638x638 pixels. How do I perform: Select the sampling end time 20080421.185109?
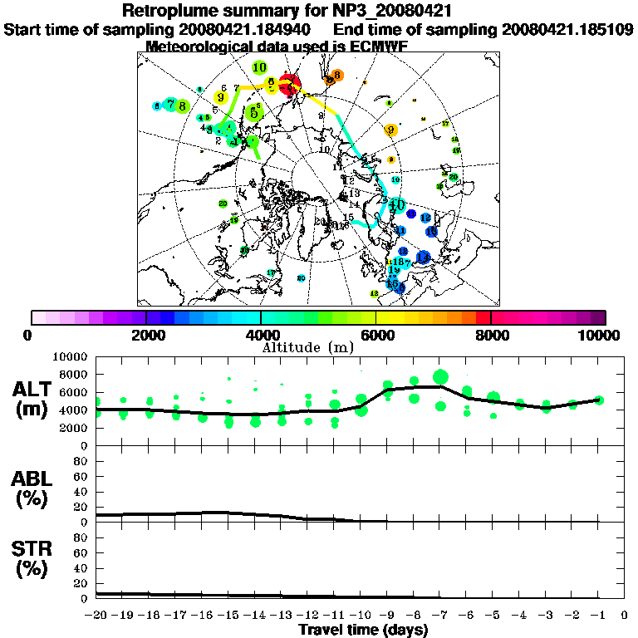point(567,29)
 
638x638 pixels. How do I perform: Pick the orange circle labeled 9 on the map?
point(390,130)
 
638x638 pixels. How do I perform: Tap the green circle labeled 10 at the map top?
point(260,68)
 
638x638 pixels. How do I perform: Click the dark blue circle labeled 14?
point(423,257)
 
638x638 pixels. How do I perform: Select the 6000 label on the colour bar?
point(375,335)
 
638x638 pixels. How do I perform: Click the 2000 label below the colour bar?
point(146,335)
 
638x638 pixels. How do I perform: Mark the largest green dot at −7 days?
point(440,377)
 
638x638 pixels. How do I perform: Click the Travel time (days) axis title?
point(363,630)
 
